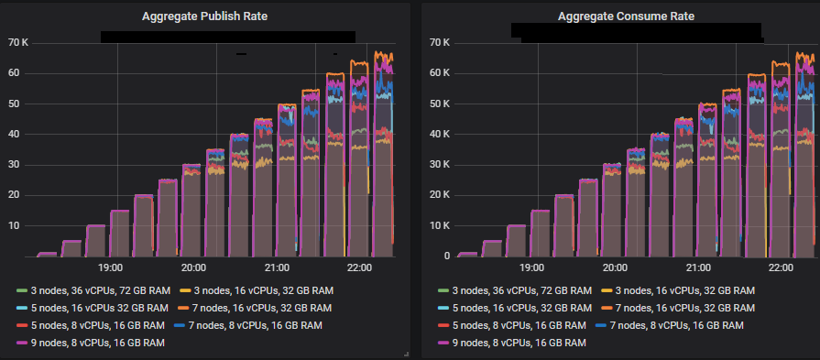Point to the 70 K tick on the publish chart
pos(18,42)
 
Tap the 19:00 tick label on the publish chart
pos(111,267)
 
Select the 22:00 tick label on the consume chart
pos(780,267)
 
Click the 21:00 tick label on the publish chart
pos(277,267)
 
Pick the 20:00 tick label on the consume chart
pos(616,267)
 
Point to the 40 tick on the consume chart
pos(442,134)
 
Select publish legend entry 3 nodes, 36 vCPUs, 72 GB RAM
pos(99,290)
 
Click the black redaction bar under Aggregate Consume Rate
pos(637,33)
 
